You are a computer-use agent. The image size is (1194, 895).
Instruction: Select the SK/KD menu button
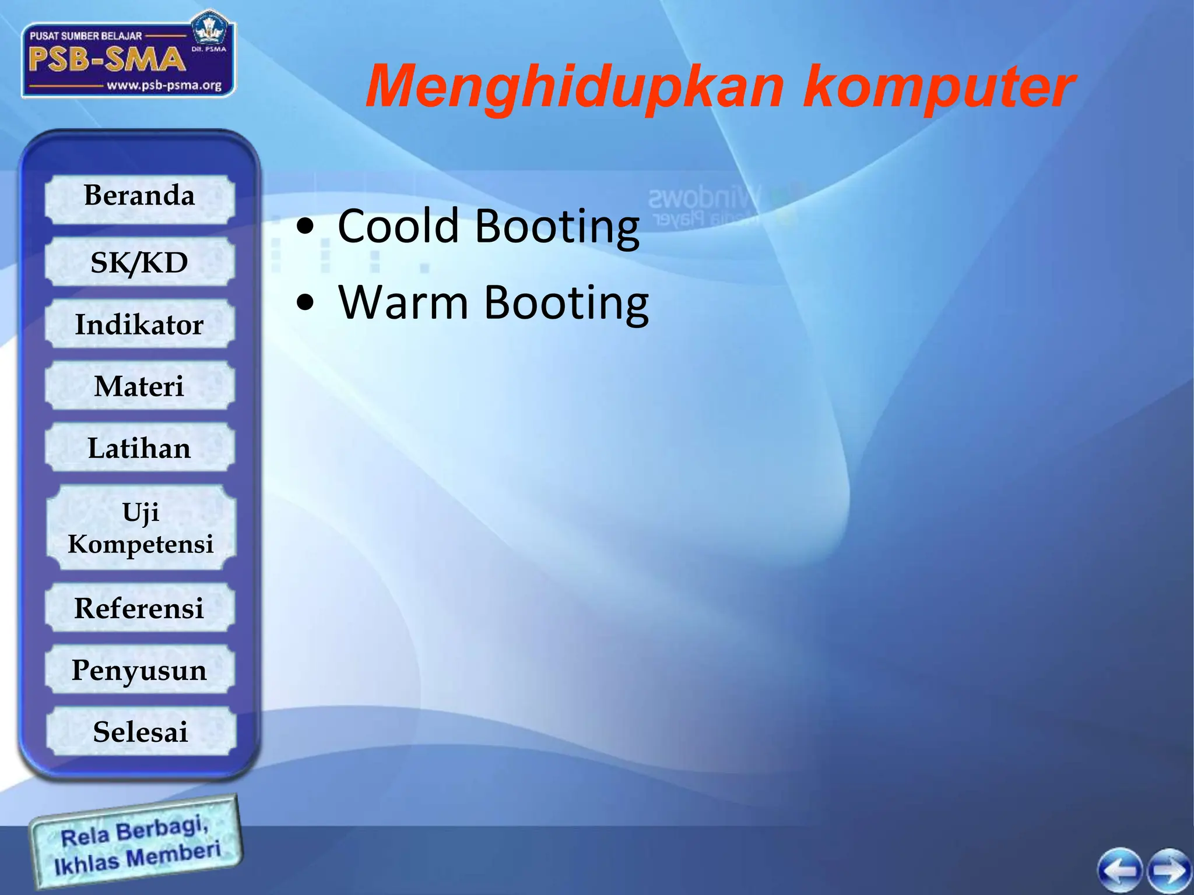pyautogui.click(x=139, y=262)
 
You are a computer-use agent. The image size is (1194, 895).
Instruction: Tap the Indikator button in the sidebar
pyautogui.click(x=139, y=324)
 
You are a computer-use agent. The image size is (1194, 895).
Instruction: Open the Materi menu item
pyautogui.click(x=139, y=386)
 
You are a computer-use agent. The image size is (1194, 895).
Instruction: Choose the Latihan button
pyautogui.click(x=139, y=447)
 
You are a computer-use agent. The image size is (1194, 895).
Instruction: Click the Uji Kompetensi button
pyautogui.click(x=141, y=527)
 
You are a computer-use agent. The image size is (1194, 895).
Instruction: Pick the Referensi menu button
pyautogui.click(x=139, y=608)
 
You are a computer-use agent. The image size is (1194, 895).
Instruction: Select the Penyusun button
pyautogui.click(x=139, y=670)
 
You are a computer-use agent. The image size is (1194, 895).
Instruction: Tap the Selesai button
pyautogui.click(x=141, y=731)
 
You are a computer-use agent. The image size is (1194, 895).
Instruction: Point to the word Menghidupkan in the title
pyautogui.click(x=574, y=87)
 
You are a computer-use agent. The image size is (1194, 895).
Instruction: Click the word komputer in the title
pyautogui.click(x=939, y=87)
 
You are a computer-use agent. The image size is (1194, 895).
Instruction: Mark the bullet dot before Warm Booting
pyautogui.click(x=305, y=302)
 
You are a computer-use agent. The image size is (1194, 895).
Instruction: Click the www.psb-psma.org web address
pyautogui.click(x=164, y=86)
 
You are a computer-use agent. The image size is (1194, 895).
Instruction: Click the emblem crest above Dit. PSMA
pyautogui.click(x=208, y=29)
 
